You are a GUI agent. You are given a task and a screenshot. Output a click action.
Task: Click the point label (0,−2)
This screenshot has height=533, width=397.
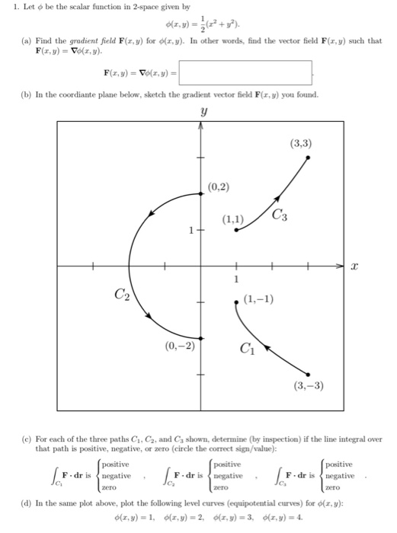click(x=180, y=345)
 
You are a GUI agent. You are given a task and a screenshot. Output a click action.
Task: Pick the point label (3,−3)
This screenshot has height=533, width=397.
click(x=308, y=386)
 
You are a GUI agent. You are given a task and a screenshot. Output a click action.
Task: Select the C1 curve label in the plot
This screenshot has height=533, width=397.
click(x=246, y=349)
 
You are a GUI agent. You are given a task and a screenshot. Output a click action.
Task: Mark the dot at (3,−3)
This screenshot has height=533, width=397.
click(x=308, y=374)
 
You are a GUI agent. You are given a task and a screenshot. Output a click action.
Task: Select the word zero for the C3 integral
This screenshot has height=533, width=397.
click(x=333, y=487)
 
